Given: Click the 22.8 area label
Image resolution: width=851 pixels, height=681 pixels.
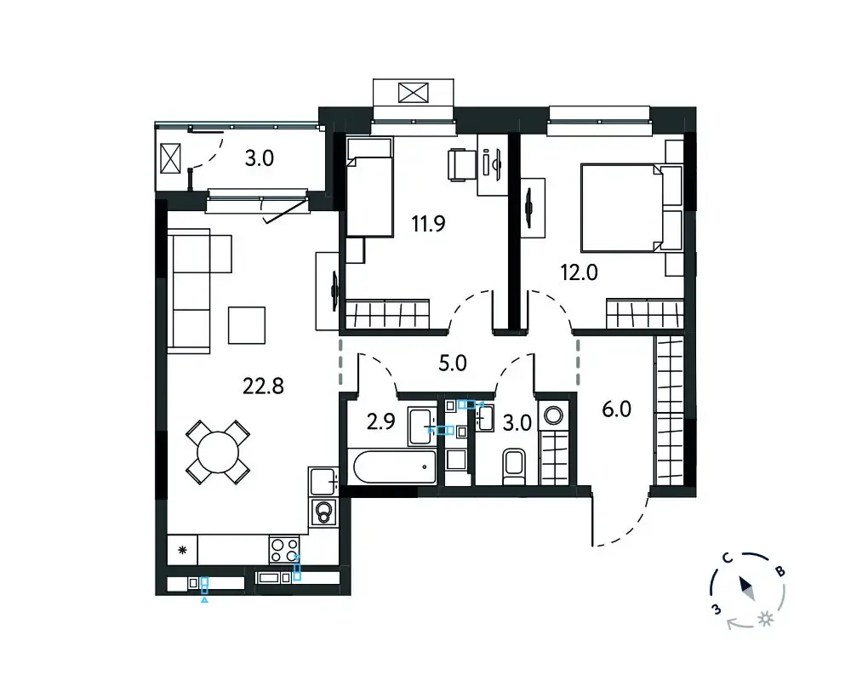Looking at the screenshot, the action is tap(263, 386).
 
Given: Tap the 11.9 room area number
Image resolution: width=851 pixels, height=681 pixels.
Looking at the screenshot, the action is tap(428, 223).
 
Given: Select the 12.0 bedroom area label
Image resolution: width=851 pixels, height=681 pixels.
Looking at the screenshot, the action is tap(579, 272).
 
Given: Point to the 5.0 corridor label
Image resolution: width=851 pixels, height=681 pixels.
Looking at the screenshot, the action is tap(453, 363).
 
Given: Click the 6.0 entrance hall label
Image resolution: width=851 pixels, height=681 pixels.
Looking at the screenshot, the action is tap(616, 409).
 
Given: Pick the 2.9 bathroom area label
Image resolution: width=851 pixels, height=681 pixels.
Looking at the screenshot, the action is tap(381, 421).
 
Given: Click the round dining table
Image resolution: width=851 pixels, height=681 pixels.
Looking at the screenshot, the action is tap(218, 452).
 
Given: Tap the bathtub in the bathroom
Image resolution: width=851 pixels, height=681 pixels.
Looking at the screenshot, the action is tap(395, 467).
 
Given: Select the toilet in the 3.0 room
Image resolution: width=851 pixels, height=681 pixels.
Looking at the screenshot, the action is tap(513, 466).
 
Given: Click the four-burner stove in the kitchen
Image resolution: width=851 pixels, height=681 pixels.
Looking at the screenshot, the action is tap(284, 550).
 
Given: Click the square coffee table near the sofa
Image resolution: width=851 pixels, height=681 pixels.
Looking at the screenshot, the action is tap(247, 325).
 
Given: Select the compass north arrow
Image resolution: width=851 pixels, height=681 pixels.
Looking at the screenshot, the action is tap(747, 588).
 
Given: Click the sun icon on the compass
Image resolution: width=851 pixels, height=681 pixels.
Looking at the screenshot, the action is tap(766, 619).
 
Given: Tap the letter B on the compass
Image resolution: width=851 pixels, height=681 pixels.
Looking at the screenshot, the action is tap(780, 570).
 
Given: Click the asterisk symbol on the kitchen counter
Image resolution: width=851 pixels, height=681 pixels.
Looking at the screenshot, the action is tap(182, 550).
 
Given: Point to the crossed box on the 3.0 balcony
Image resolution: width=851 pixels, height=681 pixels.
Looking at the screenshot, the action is tap(170, 158).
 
